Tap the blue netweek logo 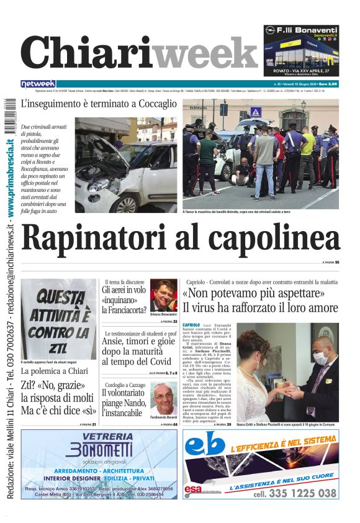click(x=38, y=83)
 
